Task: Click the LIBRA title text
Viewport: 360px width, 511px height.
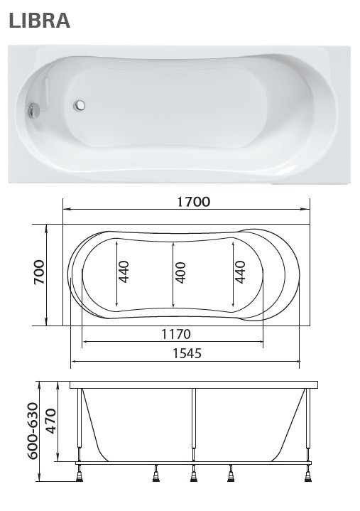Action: click(x=39, y=21)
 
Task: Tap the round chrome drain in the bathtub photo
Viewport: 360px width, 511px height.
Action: click(x=80, y=106)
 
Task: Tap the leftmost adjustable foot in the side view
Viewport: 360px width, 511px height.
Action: click(x=80, y=473)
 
